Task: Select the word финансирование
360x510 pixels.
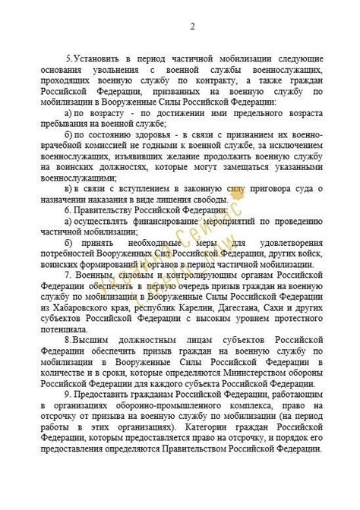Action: (x=162, y=221)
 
